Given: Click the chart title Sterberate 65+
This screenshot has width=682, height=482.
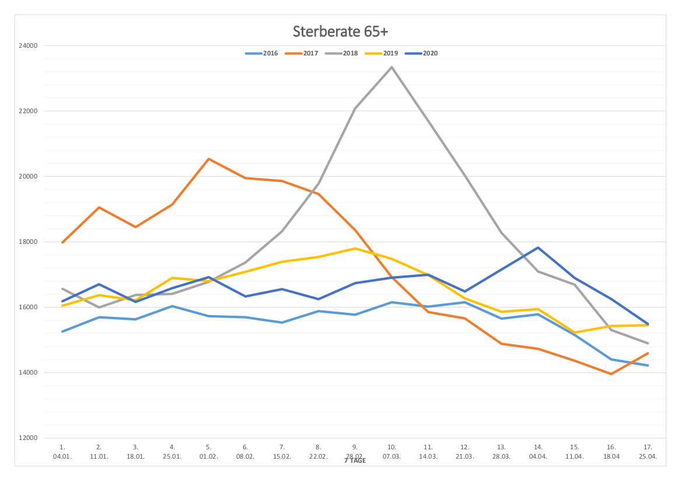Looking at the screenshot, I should click(x=340, y=30).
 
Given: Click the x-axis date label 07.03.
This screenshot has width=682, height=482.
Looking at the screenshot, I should click(x=391, y=456).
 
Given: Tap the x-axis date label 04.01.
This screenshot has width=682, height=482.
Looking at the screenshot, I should click(x=62, y=456).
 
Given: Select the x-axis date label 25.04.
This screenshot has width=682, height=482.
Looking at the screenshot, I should click(x=648, y=456).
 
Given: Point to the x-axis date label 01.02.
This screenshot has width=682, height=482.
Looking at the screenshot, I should click(x=209, y=456).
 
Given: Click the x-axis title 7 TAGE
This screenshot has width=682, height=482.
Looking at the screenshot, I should click(x=355, y=461).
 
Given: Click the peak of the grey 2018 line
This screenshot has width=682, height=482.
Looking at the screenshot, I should click(x=391, y=67).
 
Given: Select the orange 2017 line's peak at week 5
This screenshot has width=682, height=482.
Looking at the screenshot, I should click(x=209, y=159).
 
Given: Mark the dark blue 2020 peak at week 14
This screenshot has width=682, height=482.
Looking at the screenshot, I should click(x=538, y=247).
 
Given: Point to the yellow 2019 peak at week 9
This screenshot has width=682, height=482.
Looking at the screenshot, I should click(x=355, y=248).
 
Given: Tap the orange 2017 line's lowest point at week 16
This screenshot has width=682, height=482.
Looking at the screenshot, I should click(x=611, y=374).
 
